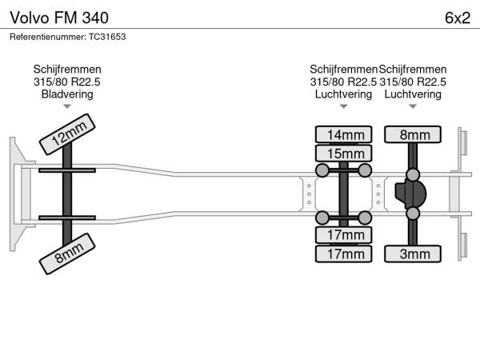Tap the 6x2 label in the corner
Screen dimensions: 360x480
click(457, 17)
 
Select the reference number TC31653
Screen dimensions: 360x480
click(67, 37)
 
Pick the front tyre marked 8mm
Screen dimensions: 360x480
click(69, 255)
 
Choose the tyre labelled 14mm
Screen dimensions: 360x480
click(344, 134)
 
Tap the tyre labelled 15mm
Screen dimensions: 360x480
click(344, 153)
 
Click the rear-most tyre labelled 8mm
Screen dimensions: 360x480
click(413, 134)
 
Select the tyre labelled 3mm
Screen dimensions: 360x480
click(413, 254)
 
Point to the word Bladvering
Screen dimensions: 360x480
click(67, 94)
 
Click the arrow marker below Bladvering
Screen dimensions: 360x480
click(67, 106)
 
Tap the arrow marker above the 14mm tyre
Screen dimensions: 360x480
click(344, 106)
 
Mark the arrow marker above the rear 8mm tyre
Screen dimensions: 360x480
click(413, 106)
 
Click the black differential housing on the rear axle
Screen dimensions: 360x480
click(411, 194)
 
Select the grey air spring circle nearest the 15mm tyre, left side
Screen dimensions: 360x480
click(322, 170)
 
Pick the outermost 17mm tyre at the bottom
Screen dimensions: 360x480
click(344, 254)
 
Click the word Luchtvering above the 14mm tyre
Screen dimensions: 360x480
click(344, 94)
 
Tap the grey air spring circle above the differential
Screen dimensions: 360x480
click(413, 174)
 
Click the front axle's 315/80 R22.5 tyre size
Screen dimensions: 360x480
click(67, 82)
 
